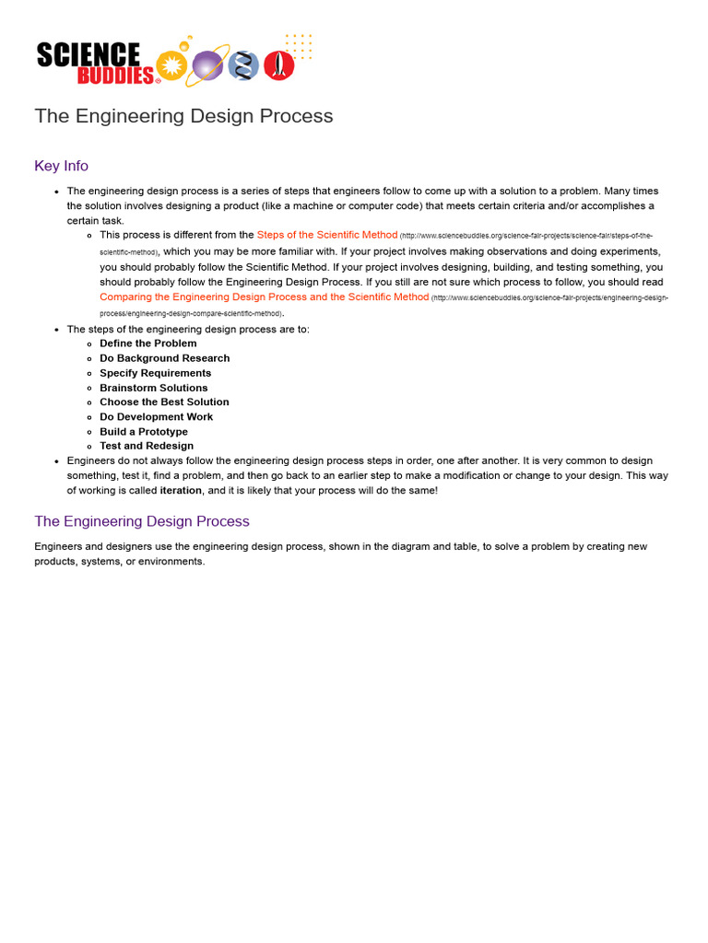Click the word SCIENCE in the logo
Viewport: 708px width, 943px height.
(x=88, y=54)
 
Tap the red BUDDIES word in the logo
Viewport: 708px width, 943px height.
(x=115, y=76)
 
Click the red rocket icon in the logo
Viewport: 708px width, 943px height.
(x=278, y=64)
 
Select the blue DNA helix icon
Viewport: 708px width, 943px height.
(x=243, y=65)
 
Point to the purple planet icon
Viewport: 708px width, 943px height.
(x=207, y=65)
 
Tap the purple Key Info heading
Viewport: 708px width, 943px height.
(x=61, y=166)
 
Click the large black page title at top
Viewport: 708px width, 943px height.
(x=183, y=116)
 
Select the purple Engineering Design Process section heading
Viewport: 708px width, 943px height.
(x=142, y=521)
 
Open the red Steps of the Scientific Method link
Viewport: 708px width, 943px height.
(x=327, y=235)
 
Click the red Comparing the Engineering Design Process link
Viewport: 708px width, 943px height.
(x=264, y=297)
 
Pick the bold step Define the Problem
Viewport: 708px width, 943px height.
(x=147, y=343)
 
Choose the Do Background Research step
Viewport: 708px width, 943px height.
(x=164, y=358)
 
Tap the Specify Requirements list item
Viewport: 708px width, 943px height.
(x=155, y=373)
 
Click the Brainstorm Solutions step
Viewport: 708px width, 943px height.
(x=153, y=388)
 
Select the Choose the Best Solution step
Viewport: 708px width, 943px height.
(x=164, y=402)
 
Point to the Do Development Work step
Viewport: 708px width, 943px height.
(x=156, y=417)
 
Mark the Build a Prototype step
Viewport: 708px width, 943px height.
(x=143, y=432)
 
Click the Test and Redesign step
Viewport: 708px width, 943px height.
(x=147, y=447)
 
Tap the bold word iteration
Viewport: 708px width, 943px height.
(x=181, y=491)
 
